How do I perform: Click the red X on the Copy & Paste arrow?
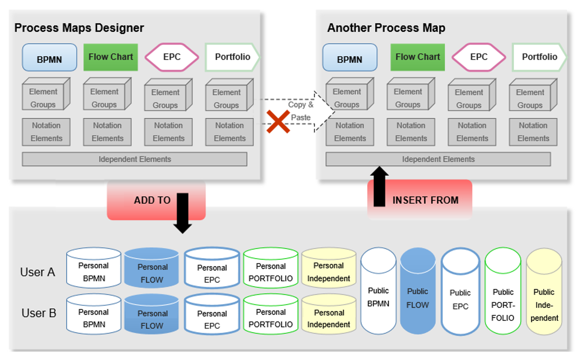pos(278,122)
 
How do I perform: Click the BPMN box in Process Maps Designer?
pos(49,58)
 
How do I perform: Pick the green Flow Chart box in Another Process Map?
pos(417,57)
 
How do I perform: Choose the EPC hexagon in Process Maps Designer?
pos(172,57)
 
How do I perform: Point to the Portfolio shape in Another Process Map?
pos(539,57)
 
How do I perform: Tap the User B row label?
pos(39,313)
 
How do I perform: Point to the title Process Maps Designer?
pos(79,28)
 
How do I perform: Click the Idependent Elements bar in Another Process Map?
pos(438,159)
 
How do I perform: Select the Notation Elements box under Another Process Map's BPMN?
pos(350,132)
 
